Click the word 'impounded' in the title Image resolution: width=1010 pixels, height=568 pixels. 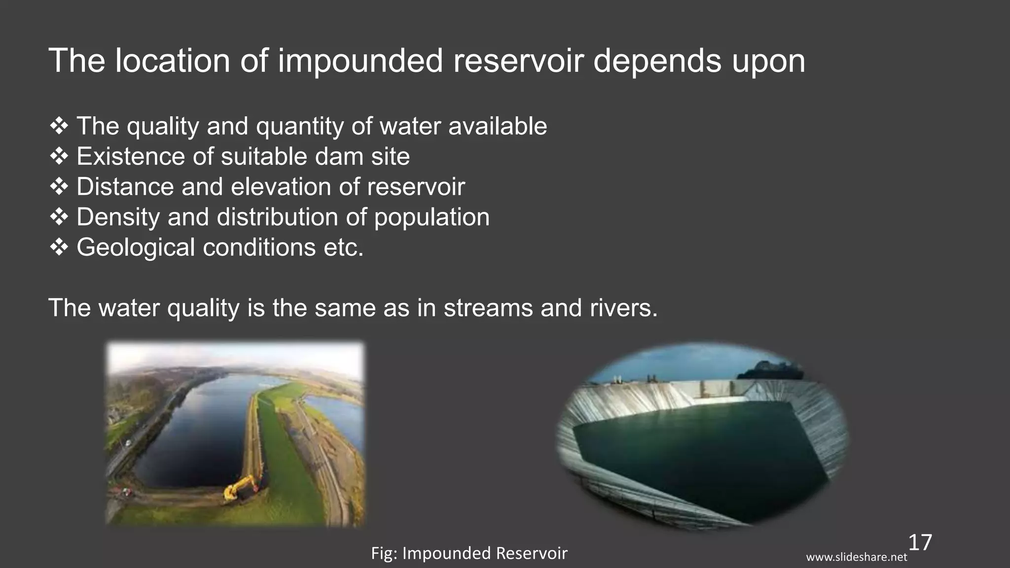point(360,61)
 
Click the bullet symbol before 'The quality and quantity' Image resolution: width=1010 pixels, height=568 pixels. point(59,126)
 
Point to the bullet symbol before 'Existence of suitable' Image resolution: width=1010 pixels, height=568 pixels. point(59,157)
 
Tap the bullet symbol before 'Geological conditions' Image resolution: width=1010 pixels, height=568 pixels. point(59,247)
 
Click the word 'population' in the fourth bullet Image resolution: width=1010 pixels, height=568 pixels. point(432,217)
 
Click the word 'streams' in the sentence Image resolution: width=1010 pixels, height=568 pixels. point(488,308)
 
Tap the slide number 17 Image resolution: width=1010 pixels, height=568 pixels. point(920,542)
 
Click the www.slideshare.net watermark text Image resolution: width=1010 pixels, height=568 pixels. point(857,558)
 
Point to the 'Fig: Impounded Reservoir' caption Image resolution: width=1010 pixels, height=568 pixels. point(469,553)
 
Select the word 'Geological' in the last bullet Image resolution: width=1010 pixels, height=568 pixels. point(136,247)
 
